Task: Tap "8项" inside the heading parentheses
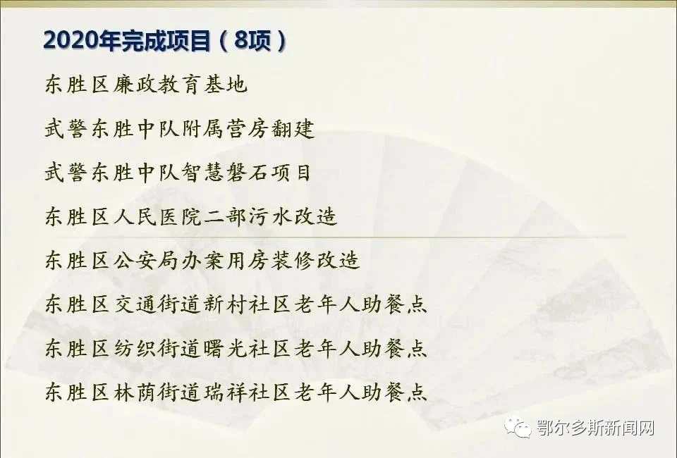pos(253,41)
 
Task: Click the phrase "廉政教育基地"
pos(180,84)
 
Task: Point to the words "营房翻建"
pos(270,128)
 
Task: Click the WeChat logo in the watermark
pos(518,427)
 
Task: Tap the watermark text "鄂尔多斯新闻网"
pos(595,428)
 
